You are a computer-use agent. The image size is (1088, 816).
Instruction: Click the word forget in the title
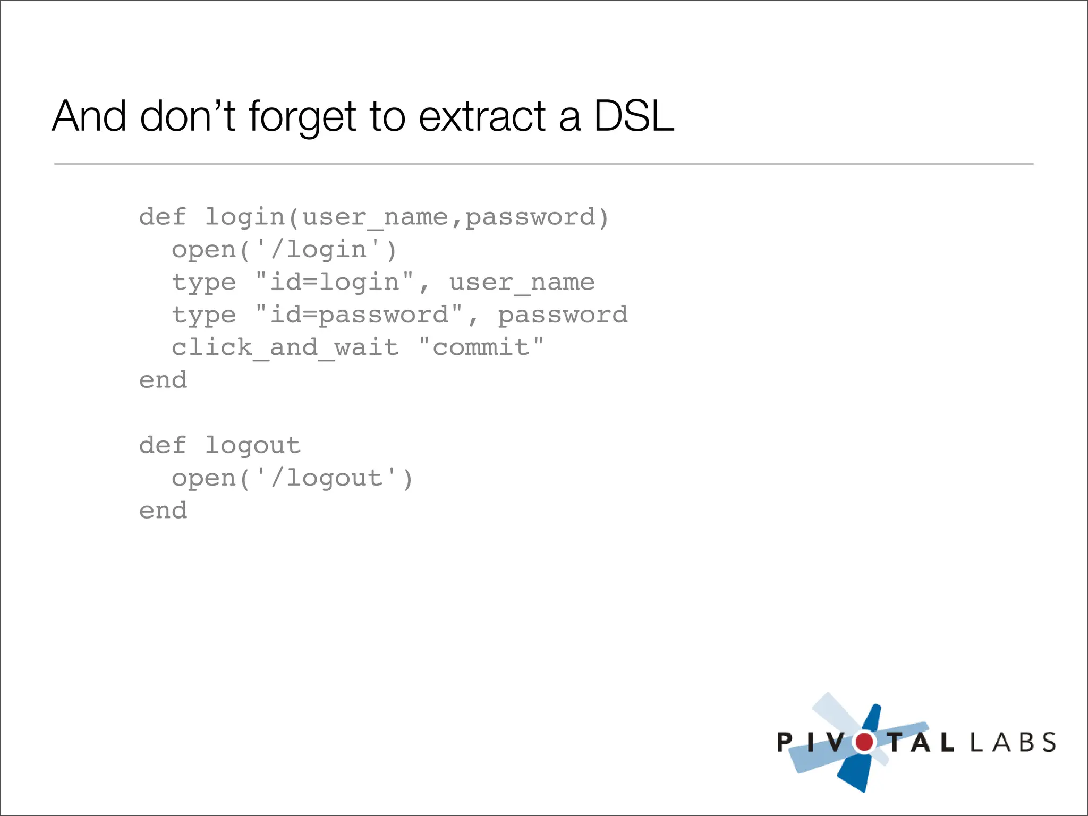tap(302, 117)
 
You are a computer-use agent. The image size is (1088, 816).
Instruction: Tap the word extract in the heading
tap(482, 117)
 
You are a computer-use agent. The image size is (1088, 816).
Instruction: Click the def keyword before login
tap(163, 217)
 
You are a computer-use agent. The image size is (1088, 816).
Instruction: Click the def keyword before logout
tap(163, 445)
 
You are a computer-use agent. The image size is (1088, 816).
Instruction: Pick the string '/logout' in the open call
tap(326, 478)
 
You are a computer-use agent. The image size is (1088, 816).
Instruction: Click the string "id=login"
tap(334, 282)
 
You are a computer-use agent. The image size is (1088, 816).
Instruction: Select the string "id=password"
tap(359, 315)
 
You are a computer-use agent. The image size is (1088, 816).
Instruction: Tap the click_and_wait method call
tap(285, 348)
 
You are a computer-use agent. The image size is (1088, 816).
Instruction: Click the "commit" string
tap(481, 348)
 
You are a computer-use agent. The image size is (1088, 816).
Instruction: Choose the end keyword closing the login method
tap(163, 380)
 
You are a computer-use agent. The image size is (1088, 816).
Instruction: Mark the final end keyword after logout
tap(163, 511)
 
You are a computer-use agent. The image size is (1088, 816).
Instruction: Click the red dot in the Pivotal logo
tap(864, 742)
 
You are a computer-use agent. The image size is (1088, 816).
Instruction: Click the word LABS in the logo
tap(1013, 742)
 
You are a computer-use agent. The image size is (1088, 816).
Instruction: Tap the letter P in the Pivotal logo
tap(785, 742)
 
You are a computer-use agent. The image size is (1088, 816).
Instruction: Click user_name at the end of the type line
tap(522, 282)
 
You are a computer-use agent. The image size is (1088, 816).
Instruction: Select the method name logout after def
tap(253, 445)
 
